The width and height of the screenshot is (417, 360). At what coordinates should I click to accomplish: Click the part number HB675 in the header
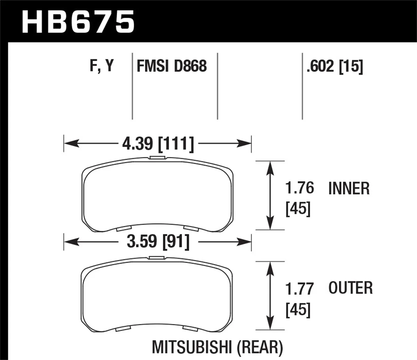click(78, 22)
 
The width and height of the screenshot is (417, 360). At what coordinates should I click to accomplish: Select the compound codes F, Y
click(102, 66)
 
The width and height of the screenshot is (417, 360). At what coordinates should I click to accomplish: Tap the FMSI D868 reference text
click(172, 66)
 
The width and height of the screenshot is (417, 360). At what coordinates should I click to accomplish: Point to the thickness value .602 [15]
click(335, 66)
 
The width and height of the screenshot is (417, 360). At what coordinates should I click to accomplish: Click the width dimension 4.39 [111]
click(157, 143)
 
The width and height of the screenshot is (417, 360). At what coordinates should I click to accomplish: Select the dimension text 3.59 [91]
click(158, 241)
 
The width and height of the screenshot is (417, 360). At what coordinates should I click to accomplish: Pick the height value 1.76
click(300, 188)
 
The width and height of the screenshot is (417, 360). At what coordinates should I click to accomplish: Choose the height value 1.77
click(300, 288)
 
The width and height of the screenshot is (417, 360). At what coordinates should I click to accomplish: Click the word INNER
click(349, 189)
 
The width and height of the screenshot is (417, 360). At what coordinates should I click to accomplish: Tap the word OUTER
click(350, 288)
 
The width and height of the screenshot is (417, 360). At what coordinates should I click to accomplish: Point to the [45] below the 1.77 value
click(298, 310)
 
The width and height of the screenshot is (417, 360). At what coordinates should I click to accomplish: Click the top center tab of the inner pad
click(157, 158)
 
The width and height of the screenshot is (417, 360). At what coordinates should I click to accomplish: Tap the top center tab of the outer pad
click(157, 258)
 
